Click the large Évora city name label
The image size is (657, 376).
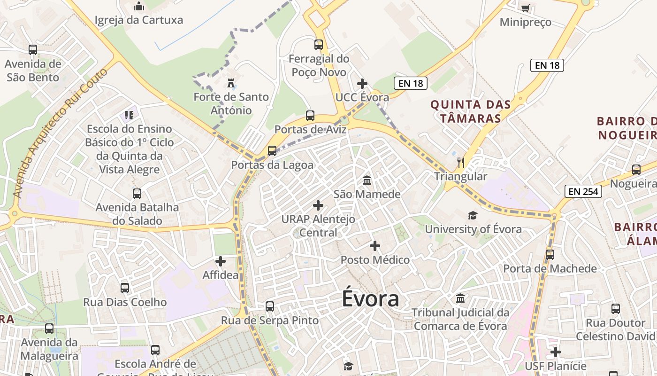pos(370,299)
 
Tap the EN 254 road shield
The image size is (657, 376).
pos(583,191)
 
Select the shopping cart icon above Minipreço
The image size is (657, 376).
pos(525,8)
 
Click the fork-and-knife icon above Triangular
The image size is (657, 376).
pos(461,163)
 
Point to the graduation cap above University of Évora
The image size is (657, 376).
pos(473,215)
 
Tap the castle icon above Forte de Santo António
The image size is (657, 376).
pos(230,83)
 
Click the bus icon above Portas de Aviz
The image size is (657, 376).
pos(310,115)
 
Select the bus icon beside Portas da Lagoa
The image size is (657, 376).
pos(272,151)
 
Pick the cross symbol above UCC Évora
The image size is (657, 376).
pos(362,84)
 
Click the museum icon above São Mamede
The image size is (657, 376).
pos(367,180)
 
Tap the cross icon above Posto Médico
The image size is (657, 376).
pos(374,246)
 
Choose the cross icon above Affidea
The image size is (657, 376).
pos(220,261)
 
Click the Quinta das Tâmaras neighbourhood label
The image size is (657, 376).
pos(470,111)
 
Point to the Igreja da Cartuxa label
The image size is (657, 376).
pos(139,20)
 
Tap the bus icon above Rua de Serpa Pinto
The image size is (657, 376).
pos(269,306)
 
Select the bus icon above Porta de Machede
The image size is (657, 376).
pos(550,255)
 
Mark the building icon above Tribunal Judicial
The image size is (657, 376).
pos(460,298)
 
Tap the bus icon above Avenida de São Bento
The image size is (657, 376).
pos(33,50)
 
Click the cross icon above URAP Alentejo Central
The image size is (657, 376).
pos(318,205)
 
